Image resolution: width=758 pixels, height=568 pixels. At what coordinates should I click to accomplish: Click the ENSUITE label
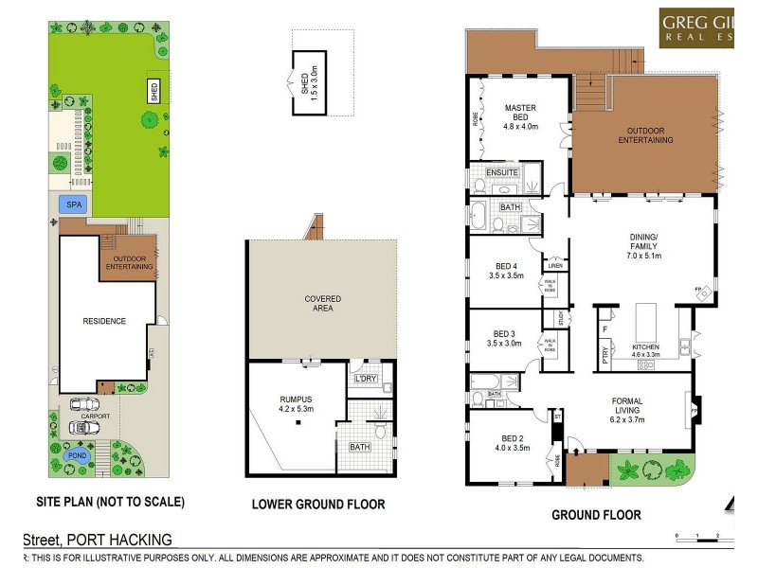(501, 173)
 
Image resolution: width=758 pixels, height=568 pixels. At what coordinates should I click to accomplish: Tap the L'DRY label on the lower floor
(365, 380)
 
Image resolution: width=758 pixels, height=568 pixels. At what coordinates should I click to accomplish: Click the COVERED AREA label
(322, 304)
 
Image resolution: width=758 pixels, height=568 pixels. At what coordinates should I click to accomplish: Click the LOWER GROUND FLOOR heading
(317, 505)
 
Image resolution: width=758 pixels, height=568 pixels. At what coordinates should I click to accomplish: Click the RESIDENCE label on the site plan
(104, 321)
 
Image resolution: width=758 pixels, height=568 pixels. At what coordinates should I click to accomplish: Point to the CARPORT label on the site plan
(96, 417)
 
